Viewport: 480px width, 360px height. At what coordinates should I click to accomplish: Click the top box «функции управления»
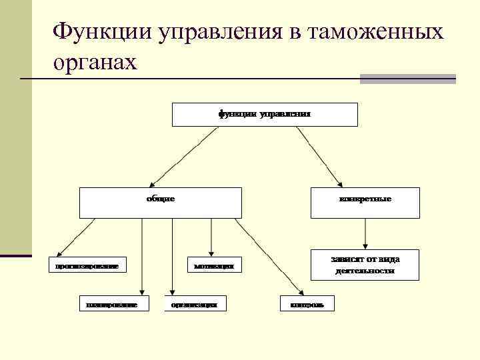(265, 114)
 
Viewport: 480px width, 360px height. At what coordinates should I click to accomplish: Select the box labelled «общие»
(160, 203)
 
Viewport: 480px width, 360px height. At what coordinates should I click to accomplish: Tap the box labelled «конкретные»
(365, 203)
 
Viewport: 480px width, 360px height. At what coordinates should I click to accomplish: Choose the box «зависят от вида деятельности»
(365, 265)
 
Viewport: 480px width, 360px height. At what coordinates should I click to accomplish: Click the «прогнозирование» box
(87, 265)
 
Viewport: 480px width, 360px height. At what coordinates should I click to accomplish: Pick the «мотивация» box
(214, 265)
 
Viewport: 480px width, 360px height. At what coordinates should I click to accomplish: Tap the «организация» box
(195, 304)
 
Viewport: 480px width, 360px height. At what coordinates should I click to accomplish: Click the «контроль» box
(307, 304)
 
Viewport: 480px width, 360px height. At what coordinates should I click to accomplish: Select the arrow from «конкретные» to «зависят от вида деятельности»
(365, 233)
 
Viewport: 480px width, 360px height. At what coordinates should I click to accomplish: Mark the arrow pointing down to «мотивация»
(211, 236)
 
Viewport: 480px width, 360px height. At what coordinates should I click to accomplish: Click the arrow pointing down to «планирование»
(141, 257)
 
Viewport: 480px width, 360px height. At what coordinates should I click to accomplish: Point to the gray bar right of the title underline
(407, 79)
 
